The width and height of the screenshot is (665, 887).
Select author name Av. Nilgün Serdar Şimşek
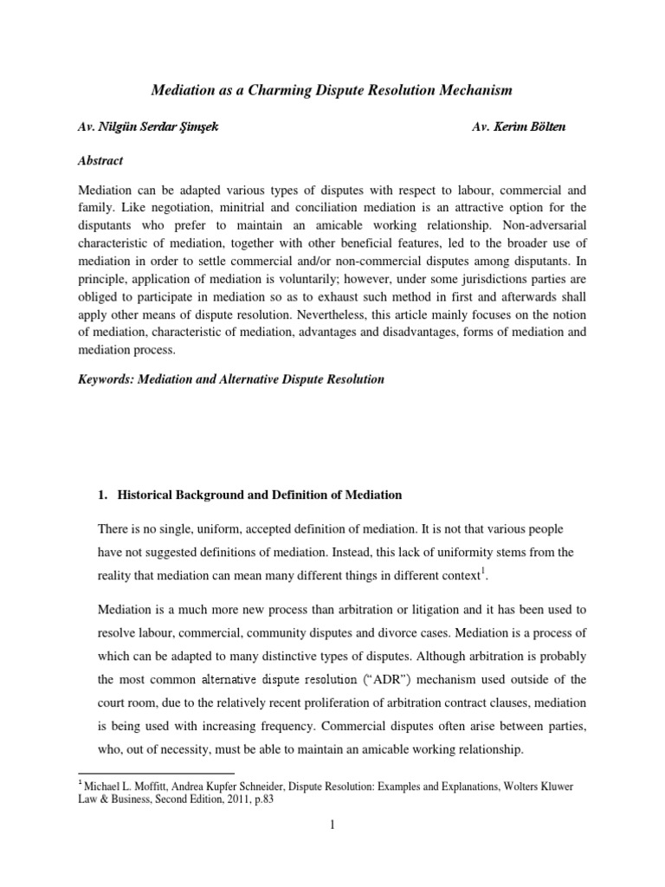click(x=149, y=127)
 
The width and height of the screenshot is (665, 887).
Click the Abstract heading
click(x=100, y=160)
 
